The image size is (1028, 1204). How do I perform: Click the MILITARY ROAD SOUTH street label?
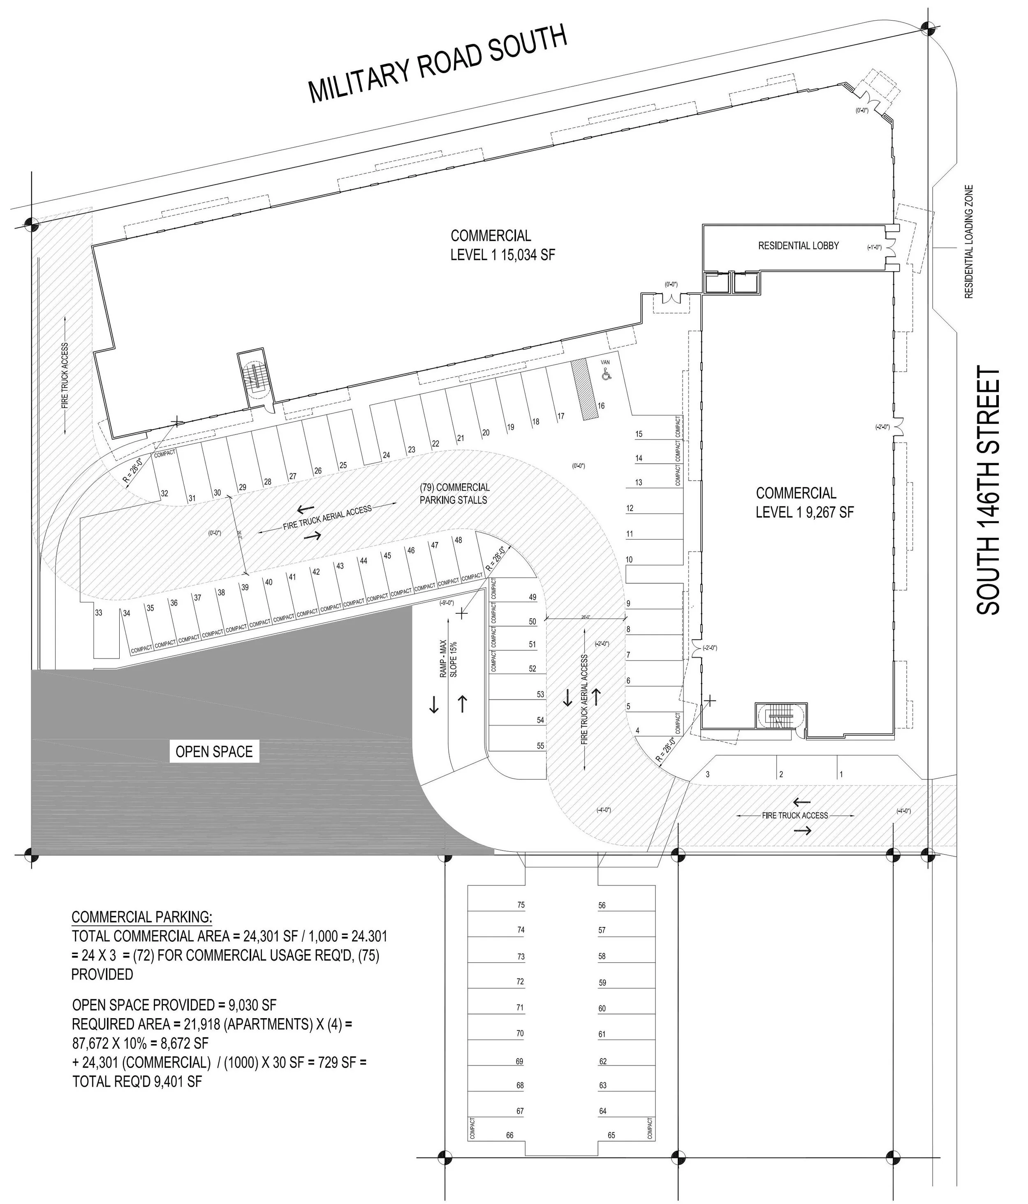(437, 64)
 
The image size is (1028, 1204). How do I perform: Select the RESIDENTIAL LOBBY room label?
(798, 246)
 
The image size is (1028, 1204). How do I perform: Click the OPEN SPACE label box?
(214, 751)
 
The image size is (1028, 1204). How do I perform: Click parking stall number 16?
(601, 406)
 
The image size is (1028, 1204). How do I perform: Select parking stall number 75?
(521, 905)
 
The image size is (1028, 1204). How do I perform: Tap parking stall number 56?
(602, 905)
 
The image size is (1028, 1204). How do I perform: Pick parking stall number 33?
(99, 612)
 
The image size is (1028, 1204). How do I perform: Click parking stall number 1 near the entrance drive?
(841, 774)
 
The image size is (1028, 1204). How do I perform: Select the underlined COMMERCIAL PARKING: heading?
(142, 917)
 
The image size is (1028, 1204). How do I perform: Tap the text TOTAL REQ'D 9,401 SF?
(137, 1082)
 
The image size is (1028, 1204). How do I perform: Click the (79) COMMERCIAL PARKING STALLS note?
(454, 493)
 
